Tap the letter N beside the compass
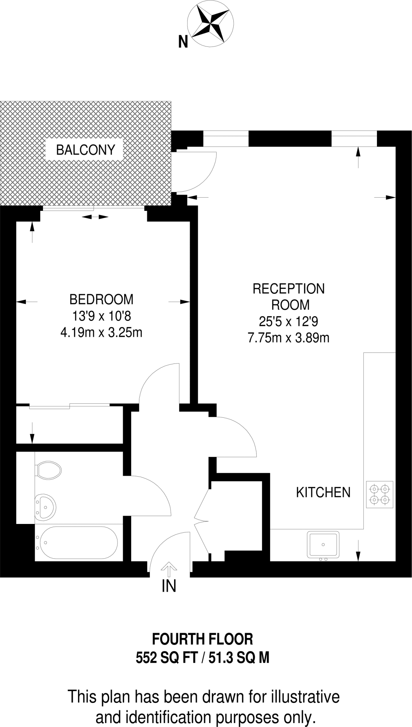[183, 43]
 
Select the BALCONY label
[85, 150]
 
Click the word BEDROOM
[101, 299]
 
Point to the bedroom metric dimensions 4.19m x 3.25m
[101, 333]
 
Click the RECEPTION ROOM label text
[289, 297]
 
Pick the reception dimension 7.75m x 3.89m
[289, 338]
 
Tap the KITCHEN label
[323, 492]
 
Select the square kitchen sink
[323, 544]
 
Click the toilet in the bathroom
[49, 470]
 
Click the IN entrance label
[169, 586]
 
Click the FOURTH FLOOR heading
[203, 639]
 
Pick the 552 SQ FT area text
[166, 658]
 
